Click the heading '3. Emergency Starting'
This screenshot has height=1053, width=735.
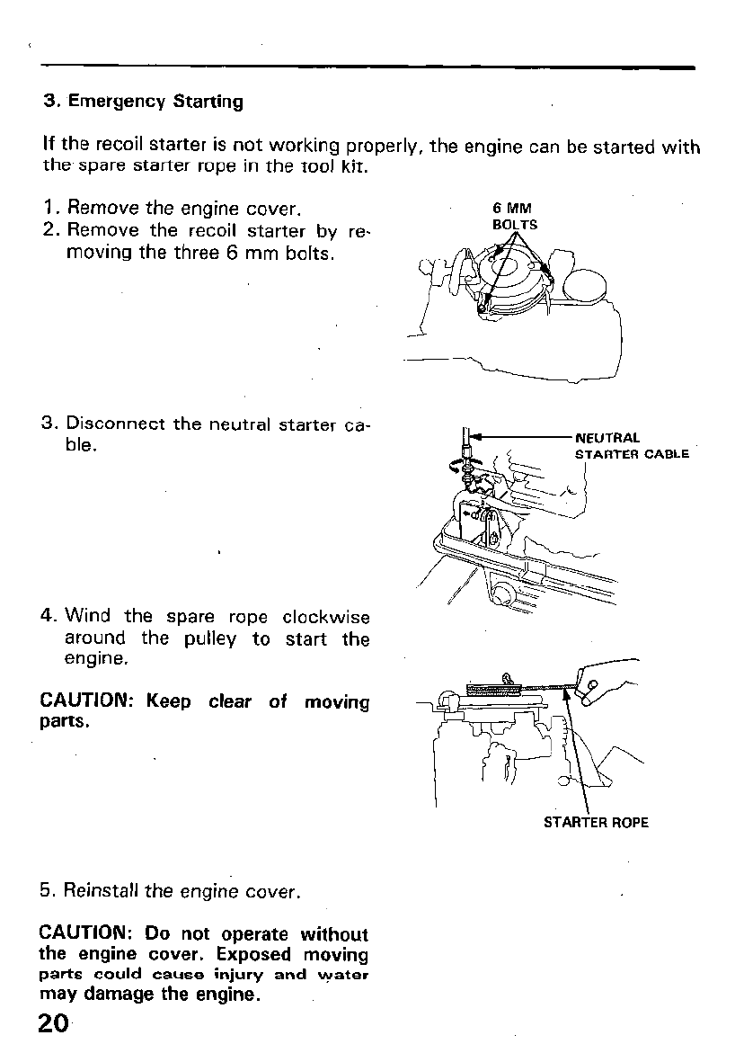coord(144,102)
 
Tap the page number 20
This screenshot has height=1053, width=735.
coord(54,1024)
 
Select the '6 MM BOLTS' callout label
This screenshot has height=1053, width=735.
coord(515,218)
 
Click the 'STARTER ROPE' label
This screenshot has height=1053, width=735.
coord(596,822)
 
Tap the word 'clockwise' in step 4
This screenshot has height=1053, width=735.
coord(325,617)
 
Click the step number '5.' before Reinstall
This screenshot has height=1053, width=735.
coord(49,892)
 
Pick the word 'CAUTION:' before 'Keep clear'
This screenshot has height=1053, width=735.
coord(86,701)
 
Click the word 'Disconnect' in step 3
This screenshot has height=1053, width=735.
coord(116,424)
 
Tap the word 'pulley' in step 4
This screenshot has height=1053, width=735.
coord(210,639)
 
